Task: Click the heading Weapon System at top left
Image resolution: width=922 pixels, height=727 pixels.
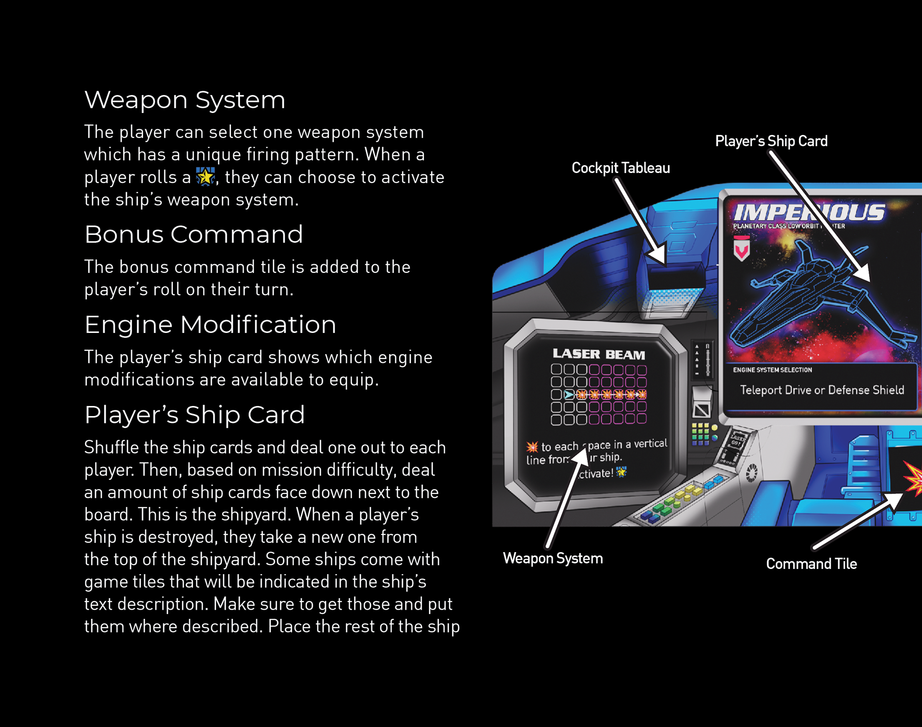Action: [x=184, y=100]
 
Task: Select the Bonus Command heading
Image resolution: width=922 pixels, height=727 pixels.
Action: [x=194, y=234]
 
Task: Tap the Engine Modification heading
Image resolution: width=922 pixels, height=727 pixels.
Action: [x=210, y=324]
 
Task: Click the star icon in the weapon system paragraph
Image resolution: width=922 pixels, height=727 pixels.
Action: [x=206, y=176]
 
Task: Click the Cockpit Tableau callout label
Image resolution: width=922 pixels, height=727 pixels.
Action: [x=620, y=168]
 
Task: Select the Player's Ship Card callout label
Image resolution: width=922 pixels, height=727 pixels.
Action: [x=771, y=141]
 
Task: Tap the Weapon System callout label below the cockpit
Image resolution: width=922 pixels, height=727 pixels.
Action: [x=553, y=558]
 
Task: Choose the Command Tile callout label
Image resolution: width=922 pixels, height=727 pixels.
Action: [x=811, y=564]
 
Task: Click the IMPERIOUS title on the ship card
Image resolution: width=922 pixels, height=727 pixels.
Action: [x=809, y=212]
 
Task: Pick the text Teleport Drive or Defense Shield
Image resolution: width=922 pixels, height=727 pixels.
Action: [x=822, y=390]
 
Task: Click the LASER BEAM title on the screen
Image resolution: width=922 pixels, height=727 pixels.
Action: [x=599, y=354]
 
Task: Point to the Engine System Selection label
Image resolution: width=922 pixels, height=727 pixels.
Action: [x=772, y=370]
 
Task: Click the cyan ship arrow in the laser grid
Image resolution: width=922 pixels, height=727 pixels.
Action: [x=569, y=394]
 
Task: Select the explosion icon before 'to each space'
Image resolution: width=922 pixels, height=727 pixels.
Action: [x=532, y=447]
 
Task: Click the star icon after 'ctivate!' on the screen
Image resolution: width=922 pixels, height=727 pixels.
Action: [x=621, y=472]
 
